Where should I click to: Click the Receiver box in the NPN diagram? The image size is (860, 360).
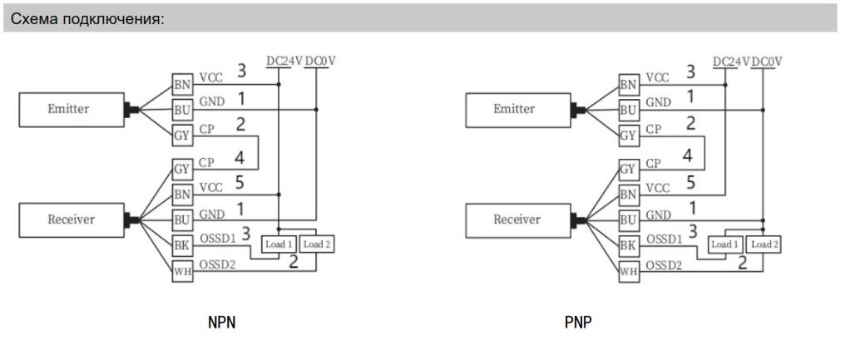coord(70,219)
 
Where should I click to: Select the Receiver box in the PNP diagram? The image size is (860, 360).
coord(516,220)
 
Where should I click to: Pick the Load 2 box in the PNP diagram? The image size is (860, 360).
coord(762,244)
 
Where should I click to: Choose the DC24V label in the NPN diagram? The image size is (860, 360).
coord(284,60)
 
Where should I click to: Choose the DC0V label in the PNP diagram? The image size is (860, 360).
coord(766,60)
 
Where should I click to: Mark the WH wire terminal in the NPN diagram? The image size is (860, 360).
coord(181,270)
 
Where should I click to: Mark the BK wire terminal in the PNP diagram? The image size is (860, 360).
coord(628,245)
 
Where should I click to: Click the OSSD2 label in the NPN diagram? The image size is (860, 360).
coord(218,264)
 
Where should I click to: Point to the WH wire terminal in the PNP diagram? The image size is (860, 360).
coord(628,270)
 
